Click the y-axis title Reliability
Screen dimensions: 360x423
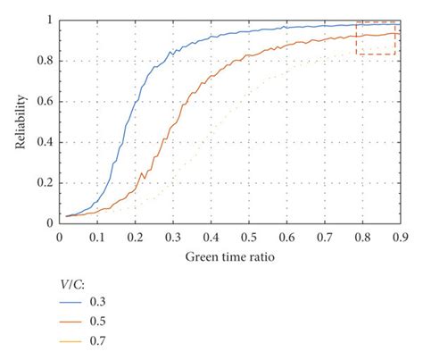pos(20,121)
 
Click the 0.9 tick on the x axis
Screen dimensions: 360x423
pos(398,237)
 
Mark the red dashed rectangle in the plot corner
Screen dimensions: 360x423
pos(376,38)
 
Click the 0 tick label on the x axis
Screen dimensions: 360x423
pos(59,237)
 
